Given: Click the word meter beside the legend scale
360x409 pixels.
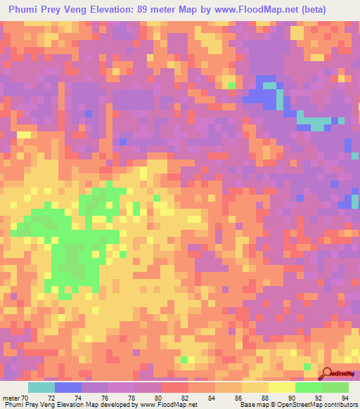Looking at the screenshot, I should click(12, 398).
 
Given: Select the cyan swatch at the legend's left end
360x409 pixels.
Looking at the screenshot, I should click(41, 387).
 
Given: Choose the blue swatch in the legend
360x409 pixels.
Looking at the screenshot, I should click(68, 387).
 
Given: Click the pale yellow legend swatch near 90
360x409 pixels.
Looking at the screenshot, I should click(282, 387).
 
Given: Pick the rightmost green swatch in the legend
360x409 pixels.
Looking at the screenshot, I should click(335, 387).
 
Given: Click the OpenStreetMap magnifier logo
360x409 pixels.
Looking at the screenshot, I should click(328, 373).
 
